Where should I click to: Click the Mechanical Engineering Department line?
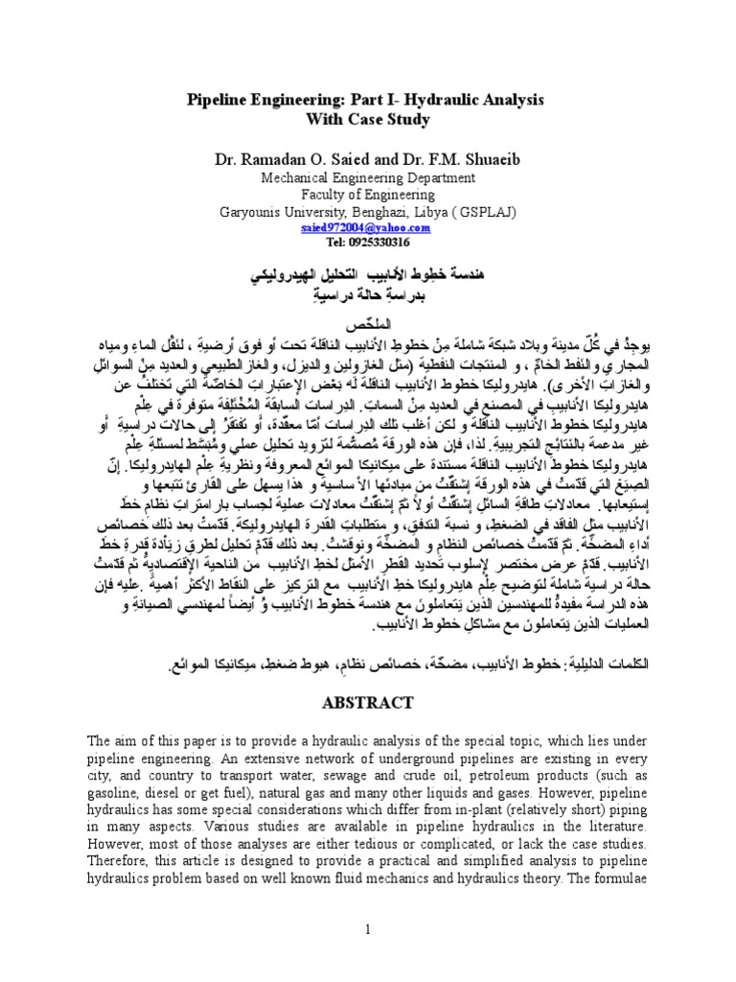click(x=367, y=177)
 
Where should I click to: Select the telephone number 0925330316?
click(x=378, y=242)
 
